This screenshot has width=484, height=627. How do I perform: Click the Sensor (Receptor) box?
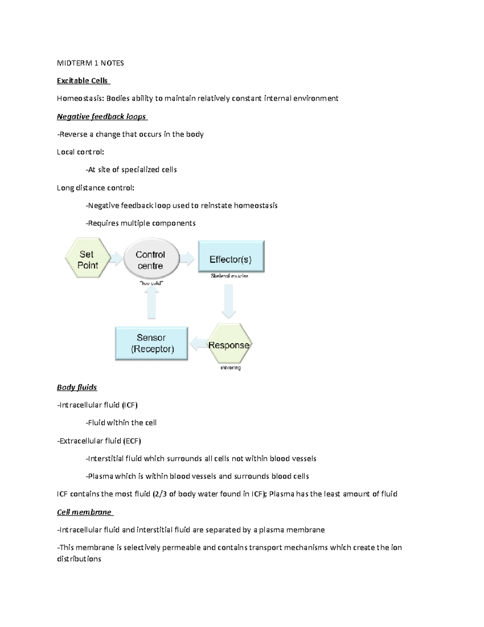pyautogui.click(x=152, y=344)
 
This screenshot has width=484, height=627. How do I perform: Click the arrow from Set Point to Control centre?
pyautogui.click(x=116, y=259)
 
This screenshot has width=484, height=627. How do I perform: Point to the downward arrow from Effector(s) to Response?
pyautogui.click(x=229, y=301)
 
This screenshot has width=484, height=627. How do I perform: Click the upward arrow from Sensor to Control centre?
pyautogui.click(x=151, y=305)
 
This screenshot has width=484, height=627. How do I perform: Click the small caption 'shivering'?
pyautogui.click(x=231, y=368)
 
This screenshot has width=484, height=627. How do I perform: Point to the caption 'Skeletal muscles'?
pyautogui.click(x=229, y=276)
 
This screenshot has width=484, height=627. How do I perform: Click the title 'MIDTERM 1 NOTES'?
pyautogui.click(x=90, y=63)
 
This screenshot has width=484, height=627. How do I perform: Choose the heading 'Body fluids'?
pyautogui.click(x=77, y=387)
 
